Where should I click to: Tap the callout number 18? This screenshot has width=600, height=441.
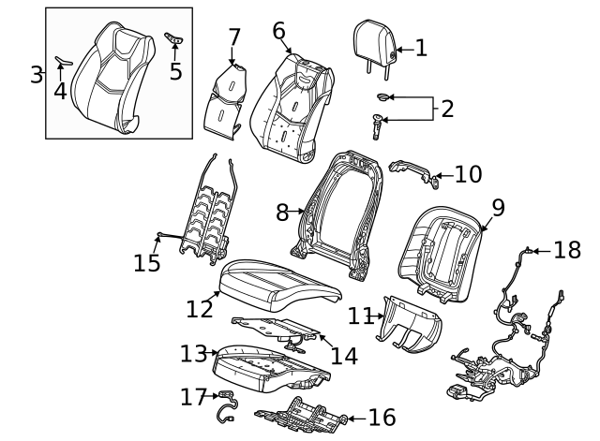tap(567, 250)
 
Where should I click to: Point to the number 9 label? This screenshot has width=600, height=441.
tap(498, 208)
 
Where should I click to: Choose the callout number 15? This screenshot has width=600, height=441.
tap(147, 262)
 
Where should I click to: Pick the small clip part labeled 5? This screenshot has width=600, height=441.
tap(173, 37)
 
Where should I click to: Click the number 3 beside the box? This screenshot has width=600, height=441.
tap(37, 74)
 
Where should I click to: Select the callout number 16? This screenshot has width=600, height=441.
tap(382, 418)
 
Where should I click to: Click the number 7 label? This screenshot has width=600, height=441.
tap(234, 37)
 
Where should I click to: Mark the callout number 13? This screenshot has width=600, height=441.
tap(193, 354)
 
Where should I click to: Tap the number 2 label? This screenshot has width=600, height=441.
tap(447, 109)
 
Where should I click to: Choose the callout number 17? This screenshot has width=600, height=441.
tap(193, 398)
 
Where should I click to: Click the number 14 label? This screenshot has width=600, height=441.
tap(344, 356)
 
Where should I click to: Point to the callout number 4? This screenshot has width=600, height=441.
tap(60, 91)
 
